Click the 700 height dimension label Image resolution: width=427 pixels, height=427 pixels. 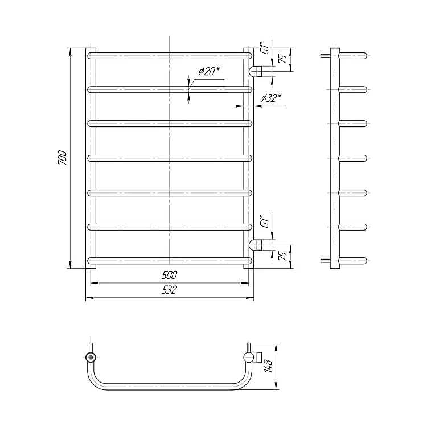click(63, 157)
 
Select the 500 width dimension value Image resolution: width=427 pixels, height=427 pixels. click(170, 275)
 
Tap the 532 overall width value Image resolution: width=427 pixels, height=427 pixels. click(170, 290)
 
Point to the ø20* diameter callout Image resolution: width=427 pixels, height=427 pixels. click(209, 71)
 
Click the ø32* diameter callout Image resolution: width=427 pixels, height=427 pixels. click(271, 97)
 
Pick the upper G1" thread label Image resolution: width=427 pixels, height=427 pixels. click(265, 48)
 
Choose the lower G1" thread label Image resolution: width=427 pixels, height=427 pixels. click(265, 221)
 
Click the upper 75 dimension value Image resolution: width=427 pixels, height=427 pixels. click(283, 59)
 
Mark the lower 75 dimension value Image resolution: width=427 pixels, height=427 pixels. click(283, 256)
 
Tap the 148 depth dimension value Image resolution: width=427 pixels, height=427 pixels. click(268, 366)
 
